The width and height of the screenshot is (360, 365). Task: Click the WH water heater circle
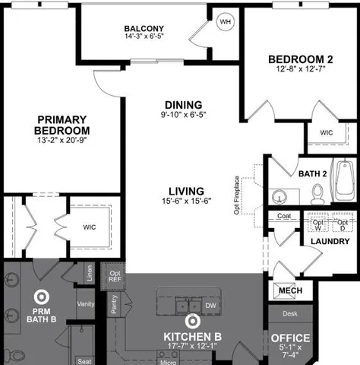pos(225,21)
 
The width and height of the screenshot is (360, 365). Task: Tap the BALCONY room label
pos(144,29)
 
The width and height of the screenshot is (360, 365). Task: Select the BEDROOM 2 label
pos(300,59)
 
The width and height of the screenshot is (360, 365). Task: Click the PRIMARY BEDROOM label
pos(62,125)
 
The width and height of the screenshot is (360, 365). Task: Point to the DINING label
pos(183,104)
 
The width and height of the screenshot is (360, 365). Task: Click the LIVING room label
pos(186,190)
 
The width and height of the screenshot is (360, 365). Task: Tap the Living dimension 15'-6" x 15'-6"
pos(185,202)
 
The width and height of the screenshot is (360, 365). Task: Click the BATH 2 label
pos(311,173)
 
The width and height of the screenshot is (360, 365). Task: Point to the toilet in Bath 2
pos(317,196)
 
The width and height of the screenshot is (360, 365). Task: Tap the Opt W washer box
pos(317,225)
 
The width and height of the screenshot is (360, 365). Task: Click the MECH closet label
pos(290,291)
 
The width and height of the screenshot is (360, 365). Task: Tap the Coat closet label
pos(284,216)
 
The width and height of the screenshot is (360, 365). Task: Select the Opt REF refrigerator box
pos(115,276)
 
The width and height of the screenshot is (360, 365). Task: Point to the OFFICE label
pos(290,338)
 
